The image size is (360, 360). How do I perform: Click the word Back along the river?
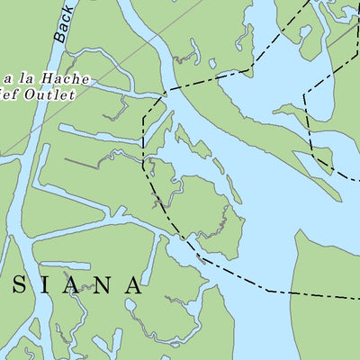[63, 25]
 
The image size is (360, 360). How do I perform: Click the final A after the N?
[132, 286]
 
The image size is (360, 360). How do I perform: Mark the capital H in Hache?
[53, 79]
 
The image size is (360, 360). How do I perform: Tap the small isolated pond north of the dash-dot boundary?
[211, 63]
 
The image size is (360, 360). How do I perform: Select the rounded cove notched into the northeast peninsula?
[307, 40]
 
